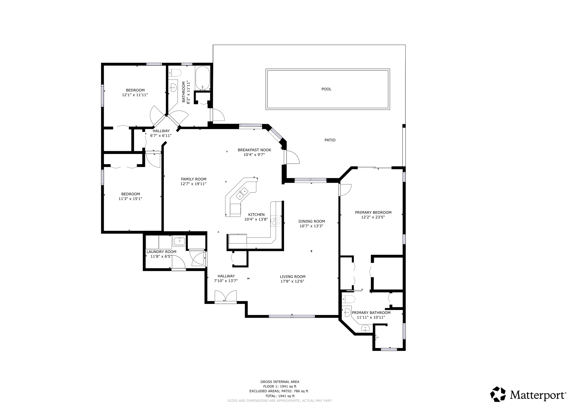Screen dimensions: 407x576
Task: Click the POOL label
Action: pos(326,89)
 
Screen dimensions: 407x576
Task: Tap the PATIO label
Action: pos(330,140)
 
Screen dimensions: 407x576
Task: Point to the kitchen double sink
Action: pos(242,194)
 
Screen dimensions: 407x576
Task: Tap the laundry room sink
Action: pos(179,241)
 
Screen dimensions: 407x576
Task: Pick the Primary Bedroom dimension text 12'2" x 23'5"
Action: pos(373,217)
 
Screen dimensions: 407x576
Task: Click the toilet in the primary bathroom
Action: pos(348,299)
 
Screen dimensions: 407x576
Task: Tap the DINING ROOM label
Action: pos(312,221)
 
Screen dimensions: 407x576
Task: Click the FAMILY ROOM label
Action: pos(193,179)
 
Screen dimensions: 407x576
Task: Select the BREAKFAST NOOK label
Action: pos(254,150)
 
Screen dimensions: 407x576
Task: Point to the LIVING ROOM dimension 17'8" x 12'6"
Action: pos(292,281)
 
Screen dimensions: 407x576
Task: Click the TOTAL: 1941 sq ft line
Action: pos(280,396)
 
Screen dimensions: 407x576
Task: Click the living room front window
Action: pos(292,316)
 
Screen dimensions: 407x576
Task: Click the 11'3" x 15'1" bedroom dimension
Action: pos(130,199)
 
